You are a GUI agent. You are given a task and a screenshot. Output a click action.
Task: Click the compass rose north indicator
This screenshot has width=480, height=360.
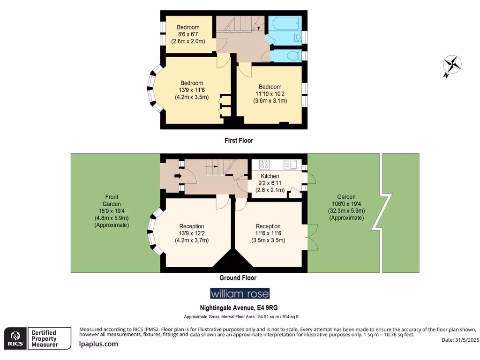(x=453, y=65)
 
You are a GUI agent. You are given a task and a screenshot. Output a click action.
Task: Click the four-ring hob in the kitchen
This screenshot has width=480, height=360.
(x=264, y=165)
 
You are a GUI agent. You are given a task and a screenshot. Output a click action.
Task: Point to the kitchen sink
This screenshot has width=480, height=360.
(x=290, y=165)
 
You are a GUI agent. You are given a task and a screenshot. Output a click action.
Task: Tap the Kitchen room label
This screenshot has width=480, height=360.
(x=270, y=176)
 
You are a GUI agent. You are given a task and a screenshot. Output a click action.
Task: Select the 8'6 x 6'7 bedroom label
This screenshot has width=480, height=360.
(x=187, y=34)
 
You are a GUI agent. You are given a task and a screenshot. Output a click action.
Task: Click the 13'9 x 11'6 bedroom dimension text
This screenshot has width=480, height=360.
(x=191, y=90)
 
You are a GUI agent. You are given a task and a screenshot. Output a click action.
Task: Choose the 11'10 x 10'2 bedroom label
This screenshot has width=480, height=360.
(x=270, y=94)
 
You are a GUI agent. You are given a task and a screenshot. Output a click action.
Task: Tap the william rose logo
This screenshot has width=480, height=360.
(x=240, y=294)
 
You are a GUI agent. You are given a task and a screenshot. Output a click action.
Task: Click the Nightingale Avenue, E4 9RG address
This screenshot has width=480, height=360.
(x=240, y=308)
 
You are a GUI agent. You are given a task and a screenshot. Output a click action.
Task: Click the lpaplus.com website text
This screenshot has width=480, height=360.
(x=98, y=344)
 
